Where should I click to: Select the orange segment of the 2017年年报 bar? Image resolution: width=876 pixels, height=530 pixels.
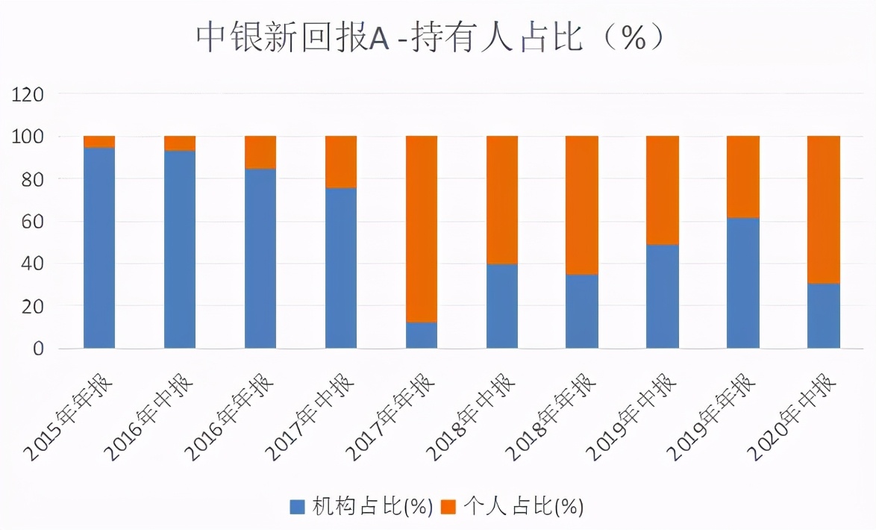click(x=422, y=228)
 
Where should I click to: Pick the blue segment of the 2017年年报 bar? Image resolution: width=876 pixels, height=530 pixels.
click(x=422, y=335)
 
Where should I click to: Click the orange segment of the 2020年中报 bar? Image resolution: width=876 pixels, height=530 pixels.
click(x=824, y=209)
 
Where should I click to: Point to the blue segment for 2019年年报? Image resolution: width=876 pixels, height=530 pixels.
click(x=743, y=283)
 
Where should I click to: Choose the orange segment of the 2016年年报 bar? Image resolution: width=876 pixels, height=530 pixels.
click(x=260, y=152)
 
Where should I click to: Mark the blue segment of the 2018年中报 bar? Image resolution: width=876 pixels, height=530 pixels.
click(x=502, y=306)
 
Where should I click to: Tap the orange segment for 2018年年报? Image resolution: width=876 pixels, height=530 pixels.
click(x=582, y=205)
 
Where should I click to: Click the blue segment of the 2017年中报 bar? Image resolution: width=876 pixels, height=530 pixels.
click(x=341, y=268)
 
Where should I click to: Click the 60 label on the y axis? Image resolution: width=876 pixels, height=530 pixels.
click(x=33, y=222)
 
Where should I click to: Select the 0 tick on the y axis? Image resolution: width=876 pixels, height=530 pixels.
click(x=38, y=349)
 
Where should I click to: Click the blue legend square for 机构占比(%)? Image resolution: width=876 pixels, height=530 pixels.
click(x=298, y=508)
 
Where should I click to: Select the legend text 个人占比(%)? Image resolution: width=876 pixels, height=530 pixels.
click(x=523, y=508)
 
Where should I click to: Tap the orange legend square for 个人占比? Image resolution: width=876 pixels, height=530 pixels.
click(x=448, y=508)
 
